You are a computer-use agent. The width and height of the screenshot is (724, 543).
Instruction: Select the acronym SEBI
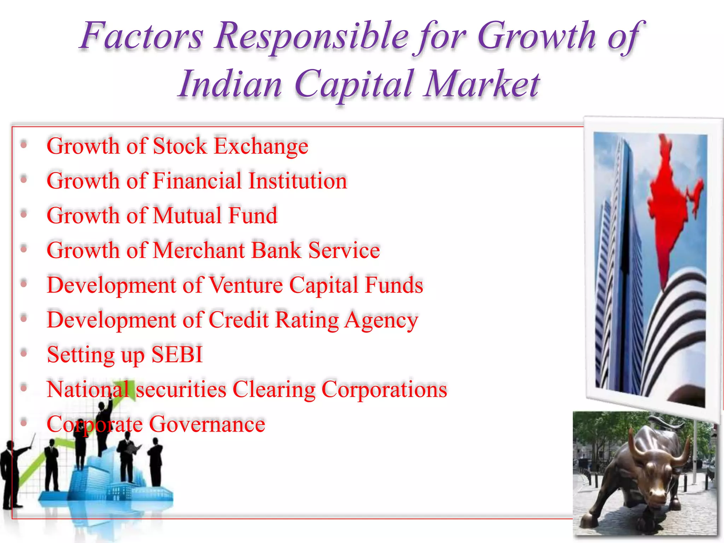[x=177, y=354]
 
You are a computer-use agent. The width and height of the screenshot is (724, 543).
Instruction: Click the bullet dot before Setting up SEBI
[x=24, y=354]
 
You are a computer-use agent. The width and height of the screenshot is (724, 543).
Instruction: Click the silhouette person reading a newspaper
[x=127, y=460]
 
